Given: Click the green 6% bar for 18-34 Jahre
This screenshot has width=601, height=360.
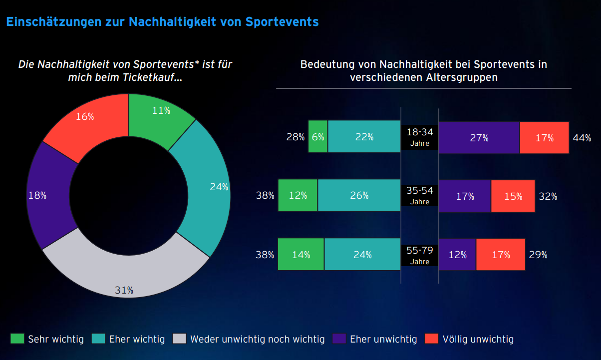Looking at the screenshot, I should click(318, 137).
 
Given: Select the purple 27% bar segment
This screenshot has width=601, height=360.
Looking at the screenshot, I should click(479, 138).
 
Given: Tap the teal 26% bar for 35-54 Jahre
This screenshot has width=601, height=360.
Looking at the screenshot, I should click(359, 196).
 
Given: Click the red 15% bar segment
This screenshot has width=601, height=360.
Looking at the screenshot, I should click(513, 196).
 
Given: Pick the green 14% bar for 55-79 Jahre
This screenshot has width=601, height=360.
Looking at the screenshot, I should click(300, 255).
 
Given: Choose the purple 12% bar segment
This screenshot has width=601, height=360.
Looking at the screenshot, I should click(457, 255).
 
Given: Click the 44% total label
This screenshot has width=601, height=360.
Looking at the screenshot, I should click(582, 138).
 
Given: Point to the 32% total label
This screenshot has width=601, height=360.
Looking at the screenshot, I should click(548, 196).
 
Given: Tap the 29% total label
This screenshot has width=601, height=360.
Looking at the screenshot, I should click(538, 255).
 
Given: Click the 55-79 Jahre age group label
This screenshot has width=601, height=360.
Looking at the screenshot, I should click(419, 255).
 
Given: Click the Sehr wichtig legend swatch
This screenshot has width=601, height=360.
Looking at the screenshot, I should click(17, 339).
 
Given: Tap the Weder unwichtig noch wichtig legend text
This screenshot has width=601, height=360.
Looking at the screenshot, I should click(257, 340).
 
